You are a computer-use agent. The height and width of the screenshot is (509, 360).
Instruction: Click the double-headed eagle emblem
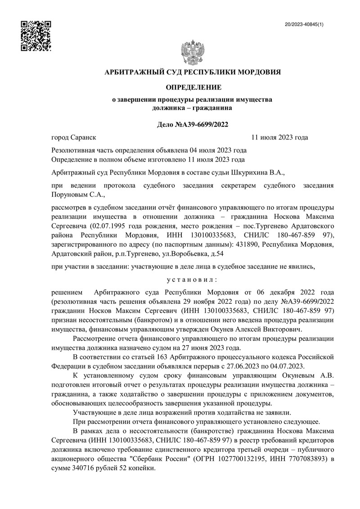tap(192, 53)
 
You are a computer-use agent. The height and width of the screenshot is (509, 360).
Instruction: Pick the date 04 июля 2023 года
tap(218, 150)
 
